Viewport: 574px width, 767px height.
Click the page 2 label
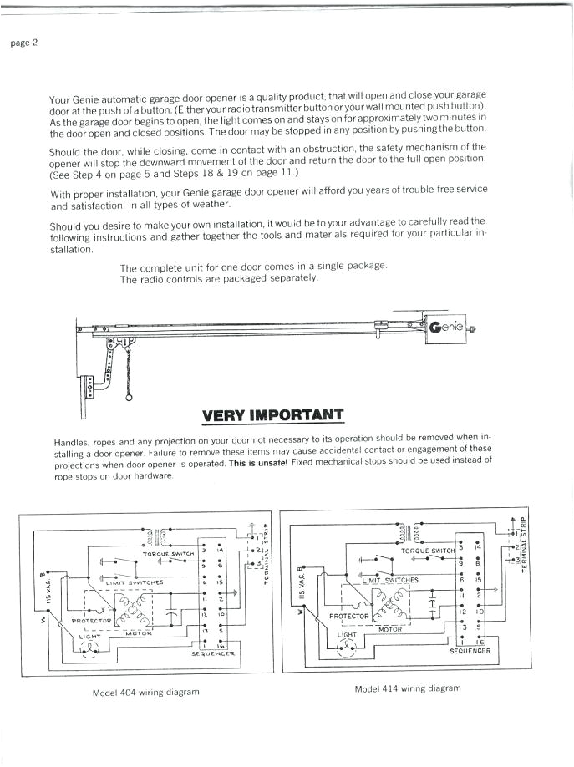pos(23,43)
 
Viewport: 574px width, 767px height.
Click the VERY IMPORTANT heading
pos(272,415)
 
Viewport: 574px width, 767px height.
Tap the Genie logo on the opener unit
pos(446,328)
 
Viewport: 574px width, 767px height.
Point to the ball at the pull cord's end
pos(129,398)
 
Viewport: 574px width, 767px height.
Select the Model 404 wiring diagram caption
pos(146,693)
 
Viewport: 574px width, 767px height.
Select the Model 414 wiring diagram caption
pos(407,688)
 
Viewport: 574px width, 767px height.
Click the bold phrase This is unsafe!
pos(258,463)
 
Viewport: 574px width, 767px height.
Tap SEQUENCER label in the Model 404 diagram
pos(214,653)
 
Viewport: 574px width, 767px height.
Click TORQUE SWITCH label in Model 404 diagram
pos(168,553)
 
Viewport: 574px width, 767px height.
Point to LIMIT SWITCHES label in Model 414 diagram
pos(390,580)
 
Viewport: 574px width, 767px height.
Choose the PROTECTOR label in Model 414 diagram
pos(349,616)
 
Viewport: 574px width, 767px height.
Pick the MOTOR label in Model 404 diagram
pos(138,632)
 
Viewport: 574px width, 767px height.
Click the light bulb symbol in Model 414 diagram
pos(346,648)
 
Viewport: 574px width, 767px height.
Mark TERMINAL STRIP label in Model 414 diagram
pos(524,544)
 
